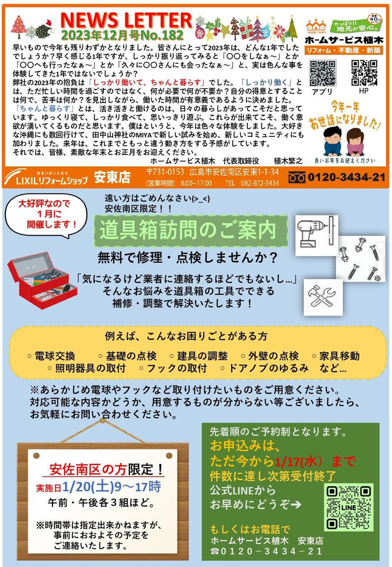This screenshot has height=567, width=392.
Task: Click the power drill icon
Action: pos(316,229)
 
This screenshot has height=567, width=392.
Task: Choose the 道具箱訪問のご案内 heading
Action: pos(191,230)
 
